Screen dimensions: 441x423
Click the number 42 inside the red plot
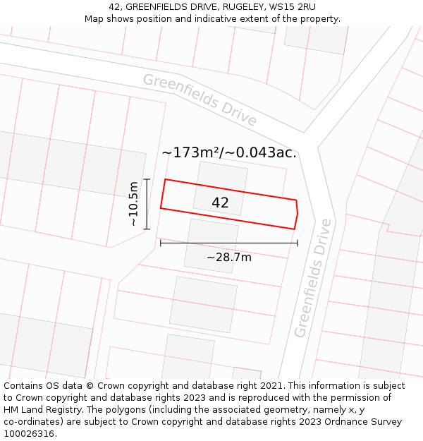pos(220,203)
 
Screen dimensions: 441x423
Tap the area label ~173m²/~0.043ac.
pos(229,152)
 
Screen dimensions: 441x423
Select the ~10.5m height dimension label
pos(133,204)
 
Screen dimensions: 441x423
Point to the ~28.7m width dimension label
pos(228,258)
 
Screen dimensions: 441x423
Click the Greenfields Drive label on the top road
pos(200,99)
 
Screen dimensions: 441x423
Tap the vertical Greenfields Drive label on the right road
pos(312,278)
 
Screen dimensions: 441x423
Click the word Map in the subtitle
pos(95,19)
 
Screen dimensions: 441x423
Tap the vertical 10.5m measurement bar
pos(147,204)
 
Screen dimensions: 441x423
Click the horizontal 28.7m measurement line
pos(228,243)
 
